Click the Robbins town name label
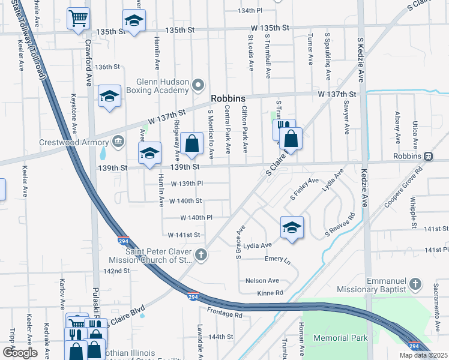[228, 99]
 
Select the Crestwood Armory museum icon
[118, 141]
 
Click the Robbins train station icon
[428, 155]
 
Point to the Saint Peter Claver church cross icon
[201, 255]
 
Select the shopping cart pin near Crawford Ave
[79, 19]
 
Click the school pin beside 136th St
[110, 96]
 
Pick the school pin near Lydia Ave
[292, 227]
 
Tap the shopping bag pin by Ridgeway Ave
[192, 143]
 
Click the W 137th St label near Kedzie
[337, 94]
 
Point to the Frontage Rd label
[225, 313]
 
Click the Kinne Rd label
[270, 293]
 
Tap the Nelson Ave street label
[262, 280]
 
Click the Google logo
[20, 352]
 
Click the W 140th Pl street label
[197, 218]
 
